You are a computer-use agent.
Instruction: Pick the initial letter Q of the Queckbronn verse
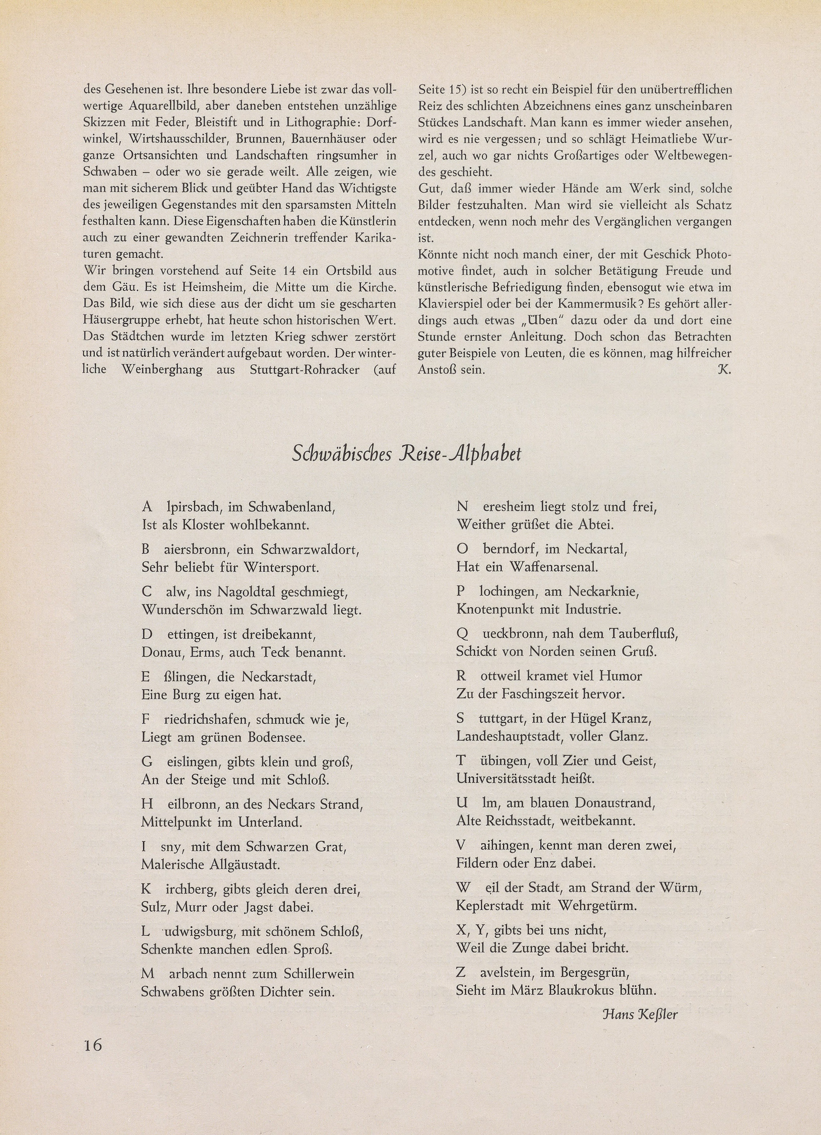pyautogui.click(x=462, y=634)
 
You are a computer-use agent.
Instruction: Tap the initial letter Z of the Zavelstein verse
pyautogui.click(x=461, y=972)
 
